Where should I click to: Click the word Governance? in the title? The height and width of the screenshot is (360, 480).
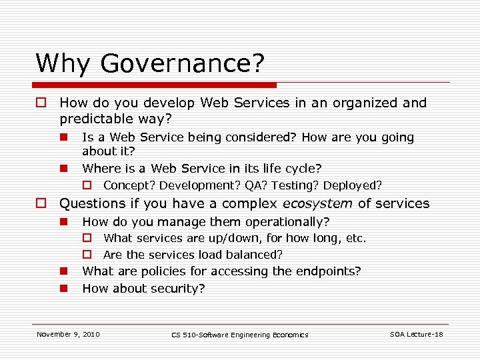pos(182,63)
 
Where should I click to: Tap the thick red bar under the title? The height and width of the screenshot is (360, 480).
pos(156,85)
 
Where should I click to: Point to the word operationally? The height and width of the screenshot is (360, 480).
pos(287,221)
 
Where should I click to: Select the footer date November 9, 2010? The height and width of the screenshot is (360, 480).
pos(68,334)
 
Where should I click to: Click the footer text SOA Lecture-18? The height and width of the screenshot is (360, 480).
pos(416,334)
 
